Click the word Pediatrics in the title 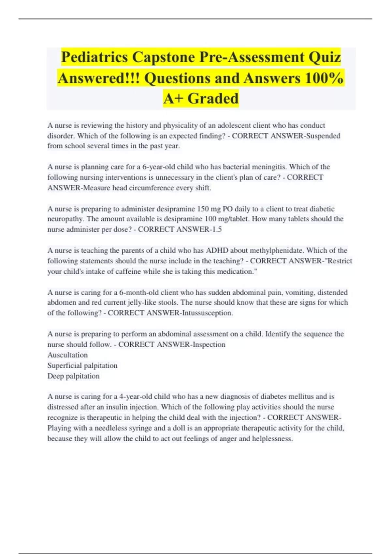pyautogui.click(x=94, y=57)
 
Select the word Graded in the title pyautogui.click(x=213, y=98)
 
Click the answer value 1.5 pyautogui.click(x=217, y=229)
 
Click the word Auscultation pyautogui.click(x=67, y=355)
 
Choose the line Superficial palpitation pyautogui.click(x=82, y=365)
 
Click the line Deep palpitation pyautogui.click(x=73, y=376)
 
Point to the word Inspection pyautogui.click(x=209, y=344)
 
